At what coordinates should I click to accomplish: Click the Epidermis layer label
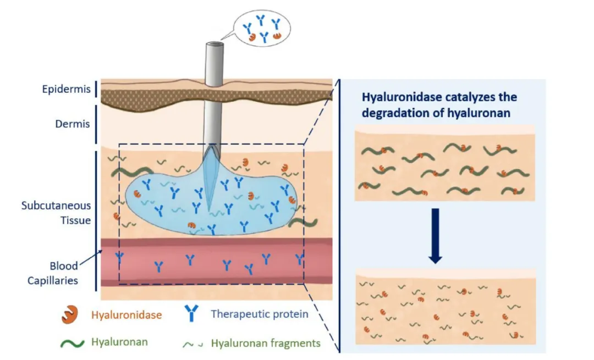[67, 90]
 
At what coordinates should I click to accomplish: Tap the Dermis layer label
[73, 124]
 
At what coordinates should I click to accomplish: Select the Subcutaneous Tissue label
[56, 213]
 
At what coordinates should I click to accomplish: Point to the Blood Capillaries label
[53, 273]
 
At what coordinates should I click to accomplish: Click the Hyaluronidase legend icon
[70, 314]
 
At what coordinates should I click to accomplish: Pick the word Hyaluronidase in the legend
[127, 315]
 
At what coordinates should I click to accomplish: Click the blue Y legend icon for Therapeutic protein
[191, 313]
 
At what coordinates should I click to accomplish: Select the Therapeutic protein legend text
[260, 314]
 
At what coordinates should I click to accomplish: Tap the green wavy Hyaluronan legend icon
[73, 343]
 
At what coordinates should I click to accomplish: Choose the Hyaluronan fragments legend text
[266, 344]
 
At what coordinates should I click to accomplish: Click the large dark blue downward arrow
[435, 235]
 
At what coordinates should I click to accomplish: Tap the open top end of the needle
[215, 45]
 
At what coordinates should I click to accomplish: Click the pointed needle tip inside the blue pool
[209, 211]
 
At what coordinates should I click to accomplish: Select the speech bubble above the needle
[261, 29]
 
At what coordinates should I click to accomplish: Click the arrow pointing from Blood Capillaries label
[91, 257]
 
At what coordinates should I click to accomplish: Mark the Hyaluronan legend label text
[119, 342]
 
